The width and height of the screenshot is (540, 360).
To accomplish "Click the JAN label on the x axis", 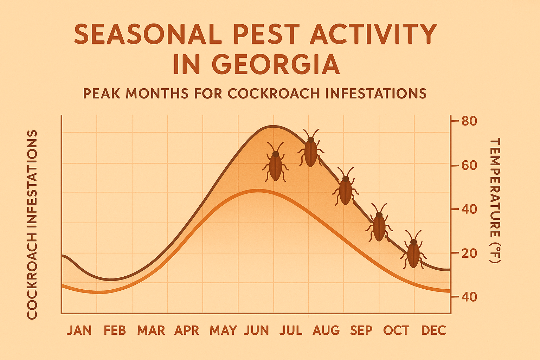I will click(x=79, y=330).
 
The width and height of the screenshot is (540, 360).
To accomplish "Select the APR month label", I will click(x=187, y=330).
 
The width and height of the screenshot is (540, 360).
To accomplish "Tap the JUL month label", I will click(x=291, y=330).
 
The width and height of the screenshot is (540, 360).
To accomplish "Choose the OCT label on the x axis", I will click(x=396, y=330).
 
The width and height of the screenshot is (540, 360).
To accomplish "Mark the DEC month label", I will click(x=433, y=330).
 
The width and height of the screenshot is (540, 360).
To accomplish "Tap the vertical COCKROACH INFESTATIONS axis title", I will click(x=32, y=225).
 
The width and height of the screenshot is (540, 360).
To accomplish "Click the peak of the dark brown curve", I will click(x=273, y=126).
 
